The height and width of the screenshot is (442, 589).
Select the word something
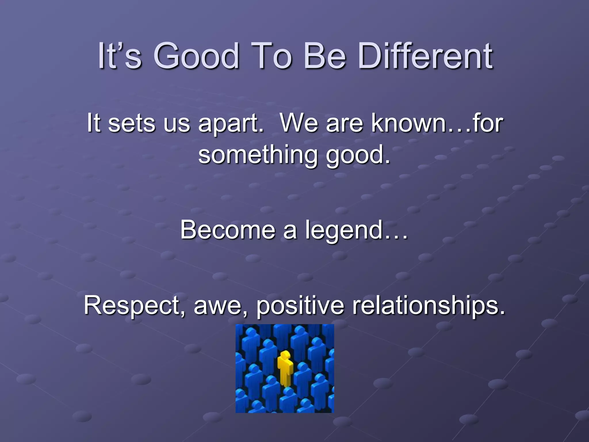[x=258, y=155]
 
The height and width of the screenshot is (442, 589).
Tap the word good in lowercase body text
[x=358, y=155]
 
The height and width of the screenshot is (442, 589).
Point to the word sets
[x=131, y=124]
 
